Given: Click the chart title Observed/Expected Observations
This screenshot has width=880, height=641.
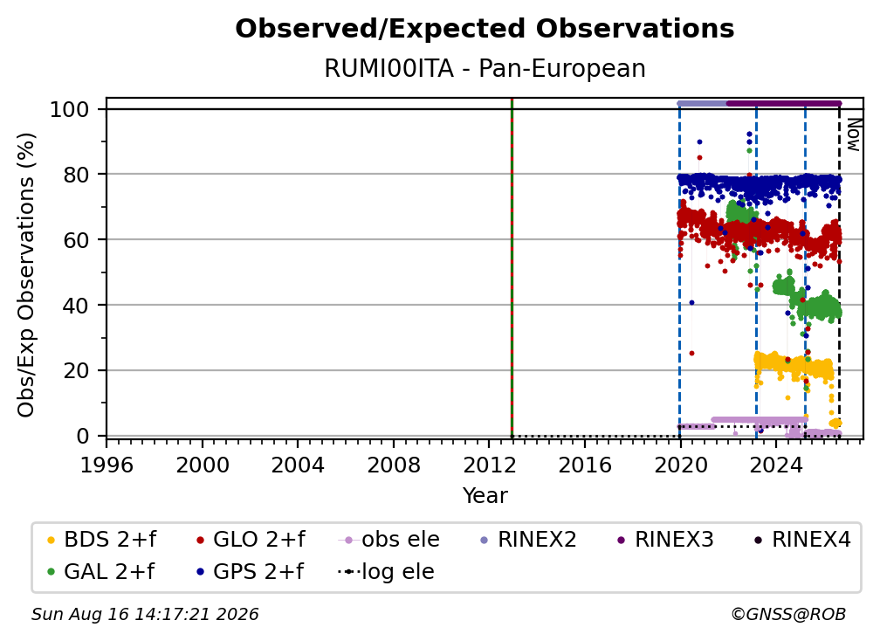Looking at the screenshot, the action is tap(485, 29).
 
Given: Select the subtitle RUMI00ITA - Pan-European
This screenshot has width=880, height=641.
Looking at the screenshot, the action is tap(485, 68).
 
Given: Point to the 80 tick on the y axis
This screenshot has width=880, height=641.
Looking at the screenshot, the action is tap(75, 175).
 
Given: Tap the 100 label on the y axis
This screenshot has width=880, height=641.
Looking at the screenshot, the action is tap(69, 109).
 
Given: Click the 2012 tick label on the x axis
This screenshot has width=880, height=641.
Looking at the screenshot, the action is tap(489, 465).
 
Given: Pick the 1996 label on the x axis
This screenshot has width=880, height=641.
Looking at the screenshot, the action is tap(107, 465).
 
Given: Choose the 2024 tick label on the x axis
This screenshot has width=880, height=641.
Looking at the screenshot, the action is tap(775, 465).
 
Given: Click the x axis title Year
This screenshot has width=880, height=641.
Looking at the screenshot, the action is tap(485, 496).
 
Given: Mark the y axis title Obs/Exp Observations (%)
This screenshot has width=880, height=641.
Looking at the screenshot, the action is tap(26, 275).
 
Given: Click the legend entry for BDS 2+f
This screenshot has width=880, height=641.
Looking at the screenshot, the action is tap(102, 540).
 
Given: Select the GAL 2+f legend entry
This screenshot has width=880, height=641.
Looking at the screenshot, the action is tap(101, 571).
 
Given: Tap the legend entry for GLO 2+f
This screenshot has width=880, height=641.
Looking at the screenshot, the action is tap(251, 540).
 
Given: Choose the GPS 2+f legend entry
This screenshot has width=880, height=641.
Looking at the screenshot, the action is tap(250, 571).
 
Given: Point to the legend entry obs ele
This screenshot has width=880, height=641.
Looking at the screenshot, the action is tap(389, 540).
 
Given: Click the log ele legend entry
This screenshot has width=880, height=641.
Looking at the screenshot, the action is tap(386, 571).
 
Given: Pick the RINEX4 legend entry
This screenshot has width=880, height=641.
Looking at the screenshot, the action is tap(802, 540).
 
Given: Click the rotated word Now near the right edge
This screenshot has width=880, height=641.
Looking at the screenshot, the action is tap(853, 134).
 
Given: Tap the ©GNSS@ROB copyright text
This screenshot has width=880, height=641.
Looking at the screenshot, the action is tap(788, 615).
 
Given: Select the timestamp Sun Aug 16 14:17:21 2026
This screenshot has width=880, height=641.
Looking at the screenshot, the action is tap(145, 615).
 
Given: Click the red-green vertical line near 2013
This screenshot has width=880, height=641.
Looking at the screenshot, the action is tap(512, 267).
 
